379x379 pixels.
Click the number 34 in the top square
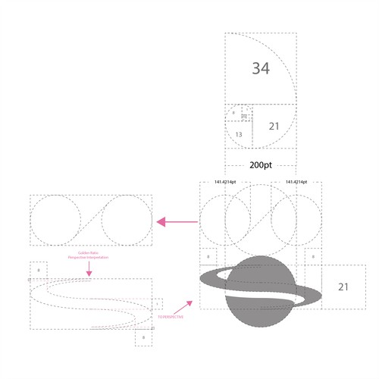click(261, 68)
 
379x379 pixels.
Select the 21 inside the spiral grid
click(275, 126)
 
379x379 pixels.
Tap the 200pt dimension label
click(261, 164)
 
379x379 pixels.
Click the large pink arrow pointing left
click(177, 221)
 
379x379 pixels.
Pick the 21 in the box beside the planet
click(343, 287)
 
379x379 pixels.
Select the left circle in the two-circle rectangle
click(55, 221)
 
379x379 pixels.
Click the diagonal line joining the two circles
click(90, 221)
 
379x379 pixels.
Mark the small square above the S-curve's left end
click(38, 270)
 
